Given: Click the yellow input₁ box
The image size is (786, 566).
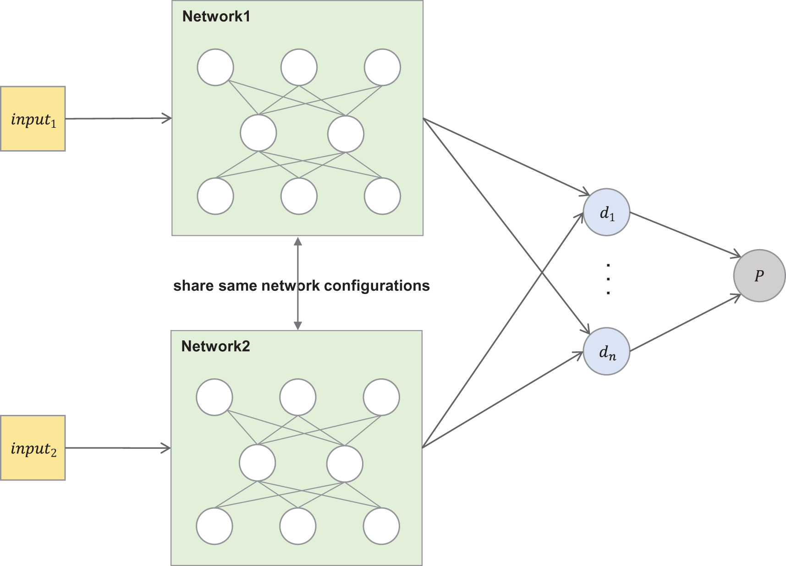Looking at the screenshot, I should (33, 119).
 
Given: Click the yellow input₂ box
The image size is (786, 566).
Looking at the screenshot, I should (33, 447).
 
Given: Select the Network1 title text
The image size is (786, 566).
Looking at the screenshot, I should (216, 16).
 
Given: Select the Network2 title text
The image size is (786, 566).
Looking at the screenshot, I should (215, 346).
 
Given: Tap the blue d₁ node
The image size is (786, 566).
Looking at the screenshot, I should (606, 212).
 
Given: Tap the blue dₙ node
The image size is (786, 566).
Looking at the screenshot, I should (606, 351).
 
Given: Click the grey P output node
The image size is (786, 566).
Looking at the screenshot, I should (759, 276).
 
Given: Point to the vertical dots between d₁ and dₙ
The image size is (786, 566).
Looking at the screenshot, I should (608, 278).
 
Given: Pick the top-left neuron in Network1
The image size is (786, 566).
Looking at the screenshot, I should (215, 67).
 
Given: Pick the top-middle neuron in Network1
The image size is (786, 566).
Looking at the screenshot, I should (299, 67).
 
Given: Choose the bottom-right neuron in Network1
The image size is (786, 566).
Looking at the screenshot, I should (382, 196).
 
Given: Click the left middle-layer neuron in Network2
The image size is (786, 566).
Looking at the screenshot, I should (258, 463).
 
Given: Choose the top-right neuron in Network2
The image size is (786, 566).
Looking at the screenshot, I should (381, 397).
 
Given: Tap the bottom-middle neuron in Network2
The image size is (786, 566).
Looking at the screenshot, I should (298, 526).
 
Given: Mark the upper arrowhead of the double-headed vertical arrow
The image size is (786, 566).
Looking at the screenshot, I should (298, 241).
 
